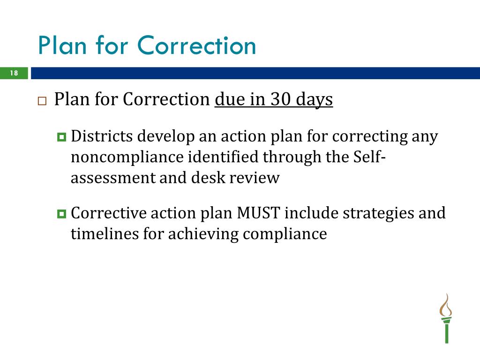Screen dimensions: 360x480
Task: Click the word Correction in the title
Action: [197, 46]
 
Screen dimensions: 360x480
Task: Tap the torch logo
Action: [446, 319]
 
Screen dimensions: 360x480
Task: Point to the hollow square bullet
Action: [42, 101]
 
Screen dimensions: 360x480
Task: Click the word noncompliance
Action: [127, 157]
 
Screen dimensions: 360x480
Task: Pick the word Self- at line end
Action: [369, 157]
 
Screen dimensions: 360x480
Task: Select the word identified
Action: [223, 157]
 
